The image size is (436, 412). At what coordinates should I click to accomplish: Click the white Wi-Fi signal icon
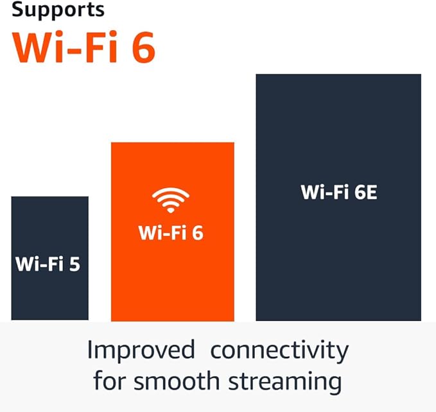[171, 200]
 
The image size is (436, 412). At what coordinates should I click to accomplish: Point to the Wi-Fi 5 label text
[48, 264]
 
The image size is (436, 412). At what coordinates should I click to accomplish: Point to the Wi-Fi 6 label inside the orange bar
[171, 232]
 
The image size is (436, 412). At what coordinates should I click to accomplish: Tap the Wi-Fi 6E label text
[338, 192]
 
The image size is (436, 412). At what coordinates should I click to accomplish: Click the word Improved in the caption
[141, 350]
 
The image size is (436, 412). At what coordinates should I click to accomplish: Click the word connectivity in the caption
[279, 351]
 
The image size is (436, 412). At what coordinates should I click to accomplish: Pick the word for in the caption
[107, 380]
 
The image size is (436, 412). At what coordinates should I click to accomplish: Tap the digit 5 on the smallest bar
[74, 264]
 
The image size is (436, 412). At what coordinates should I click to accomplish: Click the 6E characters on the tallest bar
[363, 192]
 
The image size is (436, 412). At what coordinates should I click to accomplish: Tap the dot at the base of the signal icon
[171, 210]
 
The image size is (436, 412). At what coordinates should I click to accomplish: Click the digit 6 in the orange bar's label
[196, 232]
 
